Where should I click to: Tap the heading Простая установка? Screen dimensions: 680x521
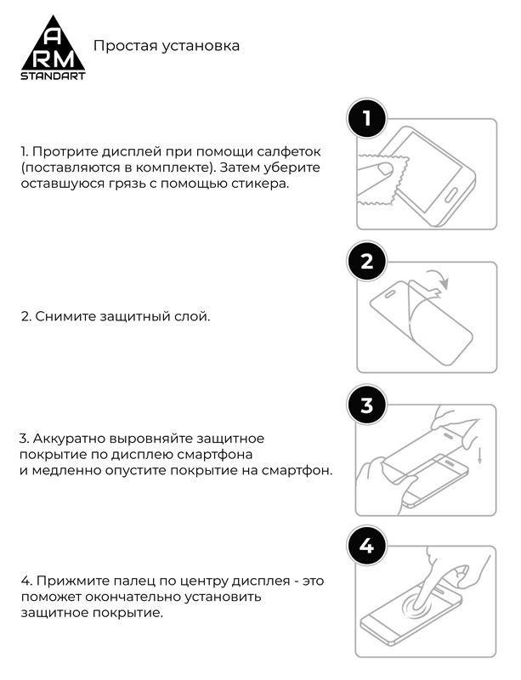[x=166, y=45]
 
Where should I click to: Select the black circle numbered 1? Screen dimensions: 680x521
[x=366, y=119]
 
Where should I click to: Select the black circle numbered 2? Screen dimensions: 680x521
[x=366, y=262]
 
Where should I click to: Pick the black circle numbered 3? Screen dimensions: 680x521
[x=366, y=405]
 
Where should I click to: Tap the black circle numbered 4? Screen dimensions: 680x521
[x=366, y=547]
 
